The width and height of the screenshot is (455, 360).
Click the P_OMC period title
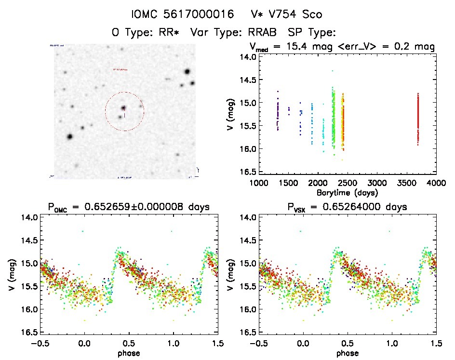[x=130, y=207]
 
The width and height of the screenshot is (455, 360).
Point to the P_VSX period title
[x=348, y=207]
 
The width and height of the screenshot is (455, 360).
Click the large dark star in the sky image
[x=69, y=136]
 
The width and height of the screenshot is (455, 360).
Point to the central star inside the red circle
[x=123, y=108]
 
